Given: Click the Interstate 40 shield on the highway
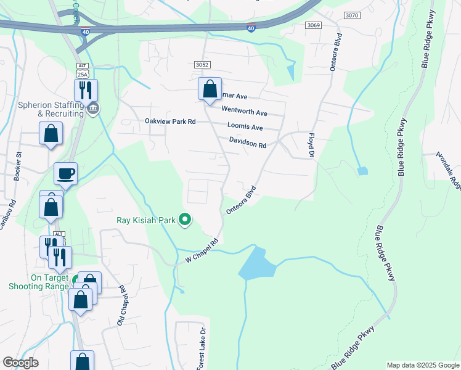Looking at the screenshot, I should [x=251, y=28].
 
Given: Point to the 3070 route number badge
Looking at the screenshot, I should [x=352, y=15].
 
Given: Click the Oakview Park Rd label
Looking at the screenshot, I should [x=169, y=122].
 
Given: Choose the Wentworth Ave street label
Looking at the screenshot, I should [x=245, y=113].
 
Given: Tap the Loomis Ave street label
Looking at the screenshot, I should [x=245, y=128].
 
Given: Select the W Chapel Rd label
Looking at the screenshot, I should [x=202, y=252].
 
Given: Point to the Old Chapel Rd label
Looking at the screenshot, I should [x=122, y=305].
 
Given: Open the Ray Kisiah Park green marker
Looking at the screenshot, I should [x=184, y=220].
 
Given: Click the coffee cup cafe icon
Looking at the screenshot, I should [x=65, y=173].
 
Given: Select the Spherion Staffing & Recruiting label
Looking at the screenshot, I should [x=51, y=109].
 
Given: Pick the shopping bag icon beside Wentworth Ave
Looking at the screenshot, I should [x=210, y=89].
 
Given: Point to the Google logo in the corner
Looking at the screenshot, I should [x=20, y=363].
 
